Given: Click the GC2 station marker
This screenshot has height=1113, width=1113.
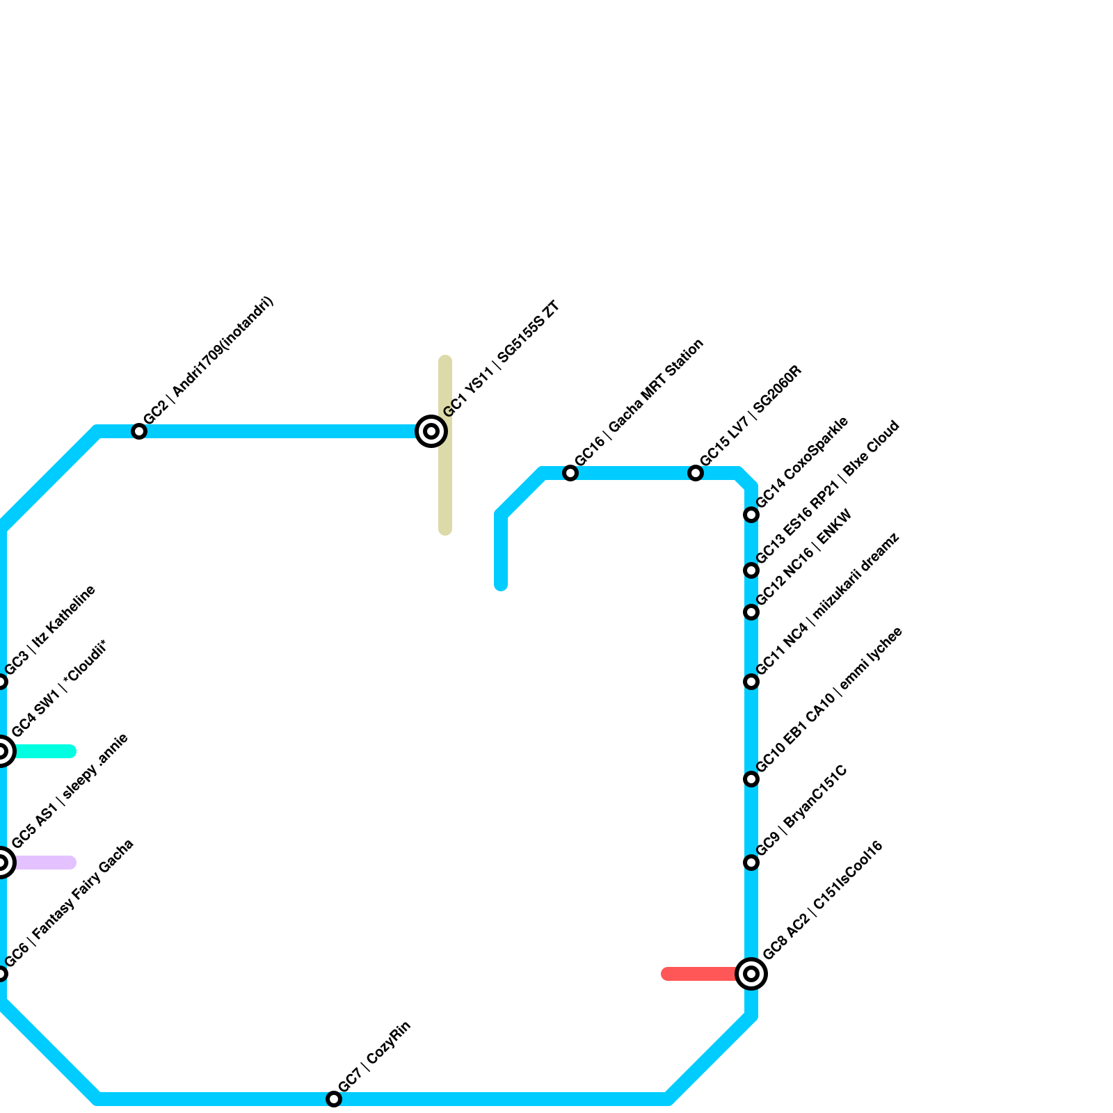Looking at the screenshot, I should [x=139, y=431].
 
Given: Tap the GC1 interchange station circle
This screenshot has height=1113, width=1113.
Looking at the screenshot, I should [x=431, y=431].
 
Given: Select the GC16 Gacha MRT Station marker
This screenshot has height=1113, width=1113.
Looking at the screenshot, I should [x=570, y=473].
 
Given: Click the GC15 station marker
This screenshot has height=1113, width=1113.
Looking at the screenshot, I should [x=696, y=473].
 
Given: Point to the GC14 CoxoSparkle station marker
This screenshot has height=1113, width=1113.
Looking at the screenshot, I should [x=751, y=515].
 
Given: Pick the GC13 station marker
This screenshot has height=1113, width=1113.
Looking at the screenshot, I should [x=751, y=570].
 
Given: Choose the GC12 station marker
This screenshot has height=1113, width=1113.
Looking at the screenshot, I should [x=751, y=612].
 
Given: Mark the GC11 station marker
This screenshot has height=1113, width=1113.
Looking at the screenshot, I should [x=751, y=682].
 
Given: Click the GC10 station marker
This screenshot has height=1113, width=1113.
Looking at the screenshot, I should [x=751, y=779].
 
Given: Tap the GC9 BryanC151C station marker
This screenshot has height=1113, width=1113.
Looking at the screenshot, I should [x=751, y=863].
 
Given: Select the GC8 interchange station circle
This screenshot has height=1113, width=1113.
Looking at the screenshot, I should [x=751, y=974].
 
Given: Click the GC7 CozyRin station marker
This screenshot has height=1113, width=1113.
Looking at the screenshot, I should [x=334, y=1099].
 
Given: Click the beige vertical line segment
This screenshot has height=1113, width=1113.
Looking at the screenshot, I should [x=445, y=487].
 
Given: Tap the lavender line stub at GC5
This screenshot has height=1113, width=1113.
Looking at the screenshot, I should [x=45, y=863].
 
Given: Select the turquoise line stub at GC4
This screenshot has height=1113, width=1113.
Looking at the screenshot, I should [x=45, y=751].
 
